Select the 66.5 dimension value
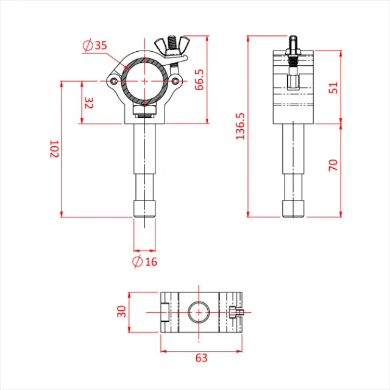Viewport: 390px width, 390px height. tap(199, 80)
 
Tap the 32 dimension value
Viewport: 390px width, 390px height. tap(89, 102)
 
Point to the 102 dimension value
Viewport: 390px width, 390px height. tap(54, 149)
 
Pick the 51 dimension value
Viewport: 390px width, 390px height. tap(333, 87)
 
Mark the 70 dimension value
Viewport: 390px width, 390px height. tap(333, 165)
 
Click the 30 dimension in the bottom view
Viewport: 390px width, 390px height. tap(121, 311)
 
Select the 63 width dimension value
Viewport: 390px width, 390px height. tap(201, 358)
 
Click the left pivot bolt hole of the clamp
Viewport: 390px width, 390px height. tap(114, 80)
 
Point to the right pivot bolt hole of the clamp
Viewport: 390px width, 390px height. tap(175, 80)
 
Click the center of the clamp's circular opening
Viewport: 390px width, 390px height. tap(144, 80)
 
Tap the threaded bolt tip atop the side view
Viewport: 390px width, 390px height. tap(294, 42)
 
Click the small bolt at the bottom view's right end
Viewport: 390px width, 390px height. tap(238, 314)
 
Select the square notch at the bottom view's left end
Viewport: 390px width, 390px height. tap(166, 312)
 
